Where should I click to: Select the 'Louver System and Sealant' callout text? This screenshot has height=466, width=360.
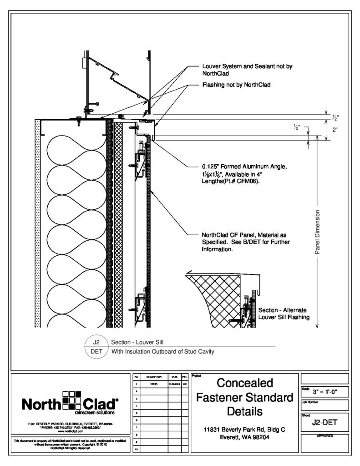point(247,69)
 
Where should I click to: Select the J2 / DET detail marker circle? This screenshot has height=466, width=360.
point(96,346)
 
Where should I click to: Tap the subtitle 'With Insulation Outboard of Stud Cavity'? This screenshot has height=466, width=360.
point(162,351)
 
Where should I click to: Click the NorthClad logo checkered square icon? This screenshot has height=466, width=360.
point(71,401)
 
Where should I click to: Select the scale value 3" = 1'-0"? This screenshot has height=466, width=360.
point(325,391)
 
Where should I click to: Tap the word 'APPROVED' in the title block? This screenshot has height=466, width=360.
point(324,436)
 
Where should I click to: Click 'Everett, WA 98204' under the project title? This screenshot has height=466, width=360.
point(244,438)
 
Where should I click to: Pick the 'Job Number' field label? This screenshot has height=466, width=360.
point(309,402)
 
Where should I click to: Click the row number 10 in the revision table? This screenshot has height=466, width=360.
point(136,449)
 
